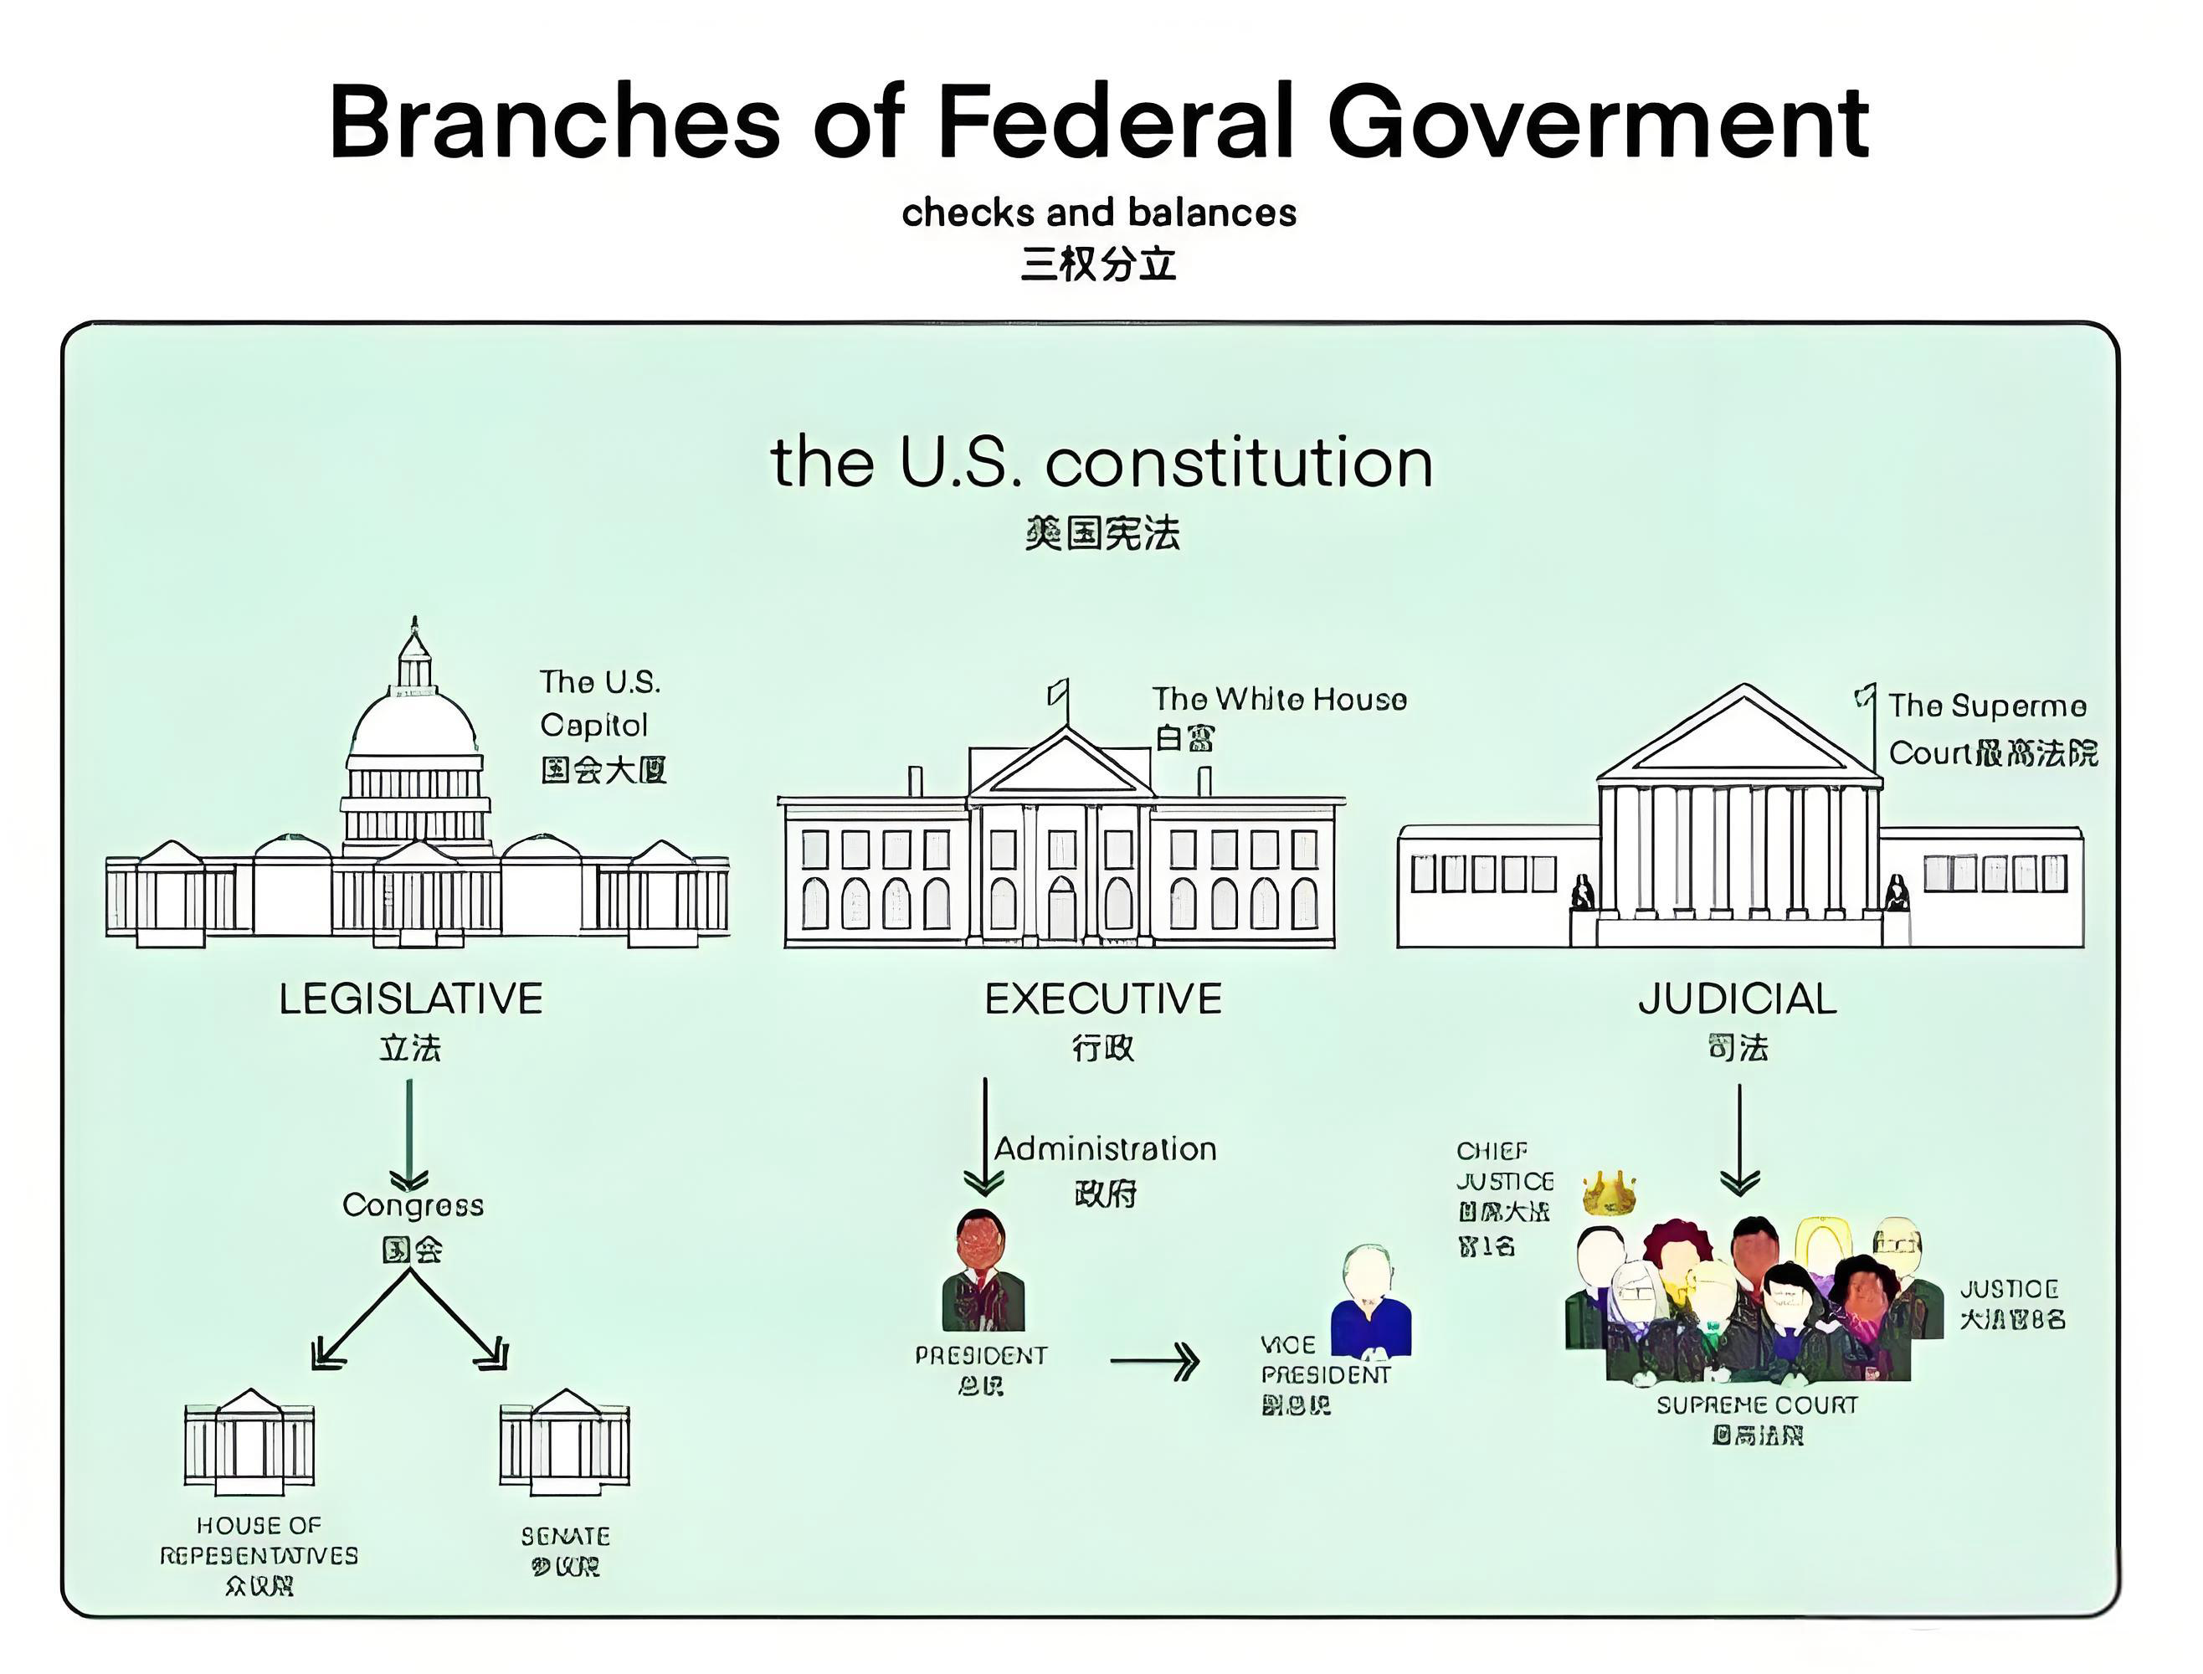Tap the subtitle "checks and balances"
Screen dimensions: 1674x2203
(1098, 213)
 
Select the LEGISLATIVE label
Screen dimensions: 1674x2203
(410, 999)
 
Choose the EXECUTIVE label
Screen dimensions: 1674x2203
(1103, 999)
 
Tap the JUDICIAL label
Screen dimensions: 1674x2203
(1738, 999)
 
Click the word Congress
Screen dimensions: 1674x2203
(413, 1204)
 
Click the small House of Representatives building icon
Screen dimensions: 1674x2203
(249, 1440)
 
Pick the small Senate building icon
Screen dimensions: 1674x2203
(564, 1440)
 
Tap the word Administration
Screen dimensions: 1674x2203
(1105, 1149)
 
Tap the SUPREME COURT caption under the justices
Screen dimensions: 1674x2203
(1757, 1405)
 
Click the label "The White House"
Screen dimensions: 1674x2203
(1279, 700)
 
